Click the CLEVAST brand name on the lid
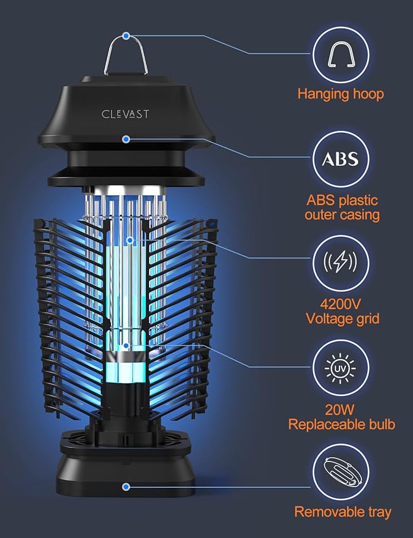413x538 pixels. click(x=125, y=114)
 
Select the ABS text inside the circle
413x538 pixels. click(x=340, y=159)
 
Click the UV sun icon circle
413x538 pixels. click(x=340, y=370)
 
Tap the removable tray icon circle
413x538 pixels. click(x=340, y=473)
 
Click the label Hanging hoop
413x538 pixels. click(x=340, y=94)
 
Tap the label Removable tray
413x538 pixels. click(x=343, y=512)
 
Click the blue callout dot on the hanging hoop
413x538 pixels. click(x=126, y=36)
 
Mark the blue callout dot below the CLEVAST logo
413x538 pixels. click(x=126, y=140)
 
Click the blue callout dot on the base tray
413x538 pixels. click(x=126, y=487)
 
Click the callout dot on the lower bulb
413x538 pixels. click(x=126, y=346)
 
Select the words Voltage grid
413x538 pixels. click(x=343, y=318)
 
